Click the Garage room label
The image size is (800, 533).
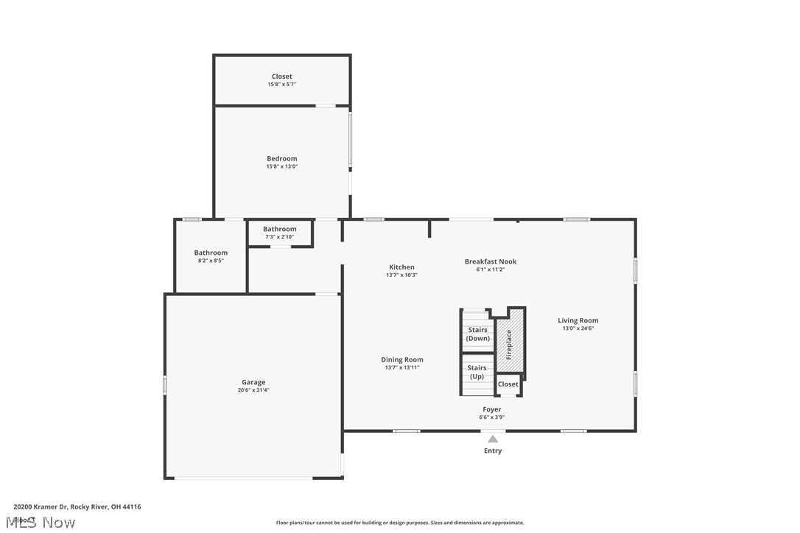tap(253, 382)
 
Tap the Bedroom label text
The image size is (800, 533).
tap(281, 158)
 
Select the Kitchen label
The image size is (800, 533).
tap(401, 267)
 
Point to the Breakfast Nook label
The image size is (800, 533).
tap(490, 261)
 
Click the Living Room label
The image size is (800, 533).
tap(578, 320)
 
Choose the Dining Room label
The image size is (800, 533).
tap(401, 359)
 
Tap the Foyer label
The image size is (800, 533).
tap(491, 409)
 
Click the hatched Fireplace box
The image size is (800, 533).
tap(509, 340)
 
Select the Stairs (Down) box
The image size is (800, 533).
tap(477, 333)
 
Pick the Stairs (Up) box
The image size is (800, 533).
tap(477, 372)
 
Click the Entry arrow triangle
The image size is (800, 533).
tap(492, 440)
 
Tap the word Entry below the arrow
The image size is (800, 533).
tap(492, 451)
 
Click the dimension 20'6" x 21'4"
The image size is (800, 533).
tap(253, 390)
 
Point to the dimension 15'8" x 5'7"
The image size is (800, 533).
tap(281, 85)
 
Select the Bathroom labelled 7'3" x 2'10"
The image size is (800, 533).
tap(280, 233)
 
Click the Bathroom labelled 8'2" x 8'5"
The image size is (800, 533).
tap(211, 256)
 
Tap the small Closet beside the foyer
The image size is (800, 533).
tap(508, 384)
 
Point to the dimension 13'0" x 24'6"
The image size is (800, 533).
tap(578, 328)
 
